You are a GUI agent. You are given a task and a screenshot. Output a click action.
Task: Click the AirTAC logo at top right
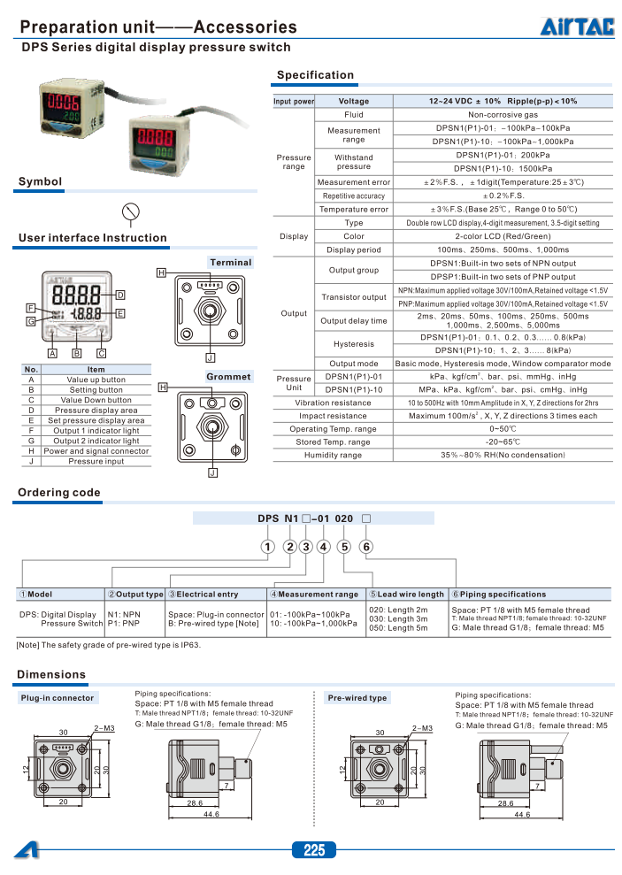[577, 27]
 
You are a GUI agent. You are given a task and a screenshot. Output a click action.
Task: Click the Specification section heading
[315, 75]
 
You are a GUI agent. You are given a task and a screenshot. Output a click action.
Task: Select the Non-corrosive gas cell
[503, 115]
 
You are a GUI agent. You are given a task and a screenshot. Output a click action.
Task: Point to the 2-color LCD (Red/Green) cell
[503, 236]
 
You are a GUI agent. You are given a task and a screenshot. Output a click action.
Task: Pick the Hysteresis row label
[353, 343]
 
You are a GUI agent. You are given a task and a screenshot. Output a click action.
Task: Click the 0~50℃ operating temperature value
[503, 428]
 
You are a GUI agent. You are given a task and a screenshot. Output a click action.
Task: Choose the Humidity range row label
[333, 455]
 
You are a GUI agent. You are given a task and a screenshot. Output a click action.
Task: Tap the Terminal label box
[231, 262]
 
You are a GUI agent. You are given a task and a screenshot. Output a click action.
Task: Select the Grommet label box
[228, 377]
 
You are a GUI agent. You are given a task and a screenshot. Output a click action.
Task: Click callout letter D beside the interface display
[119, 295]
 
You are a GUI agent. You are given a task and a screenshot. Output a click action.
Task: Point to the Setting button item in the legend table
[96, 389]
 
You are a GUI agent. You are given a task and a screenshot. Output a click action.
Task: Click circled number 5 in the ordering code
[343, 546]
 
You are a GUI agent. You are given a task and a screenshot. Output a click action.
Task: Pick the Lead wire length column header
[407, 595]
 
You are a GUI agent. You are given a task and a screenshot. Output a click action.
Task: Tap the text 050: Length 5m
[398, 629]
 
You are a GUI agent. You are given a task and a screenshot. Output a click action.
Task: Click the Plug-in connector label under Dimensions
[57, 698]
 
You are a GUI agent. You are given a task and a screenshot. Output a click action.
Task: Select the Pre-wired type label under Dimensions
[357, 698]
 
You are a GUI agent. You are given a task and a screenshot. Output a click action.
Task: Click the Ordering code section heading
[59, 493]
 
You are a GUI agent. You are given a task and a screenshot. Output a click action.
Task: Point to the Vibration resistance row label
[333, 402]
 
